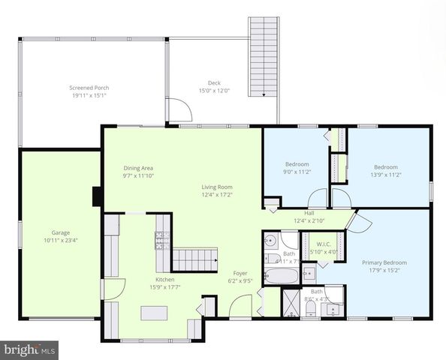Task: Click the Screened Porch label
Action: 89,88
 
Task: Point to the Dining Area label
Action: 138,168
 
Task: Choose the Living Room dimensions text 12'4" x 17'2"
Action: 216,195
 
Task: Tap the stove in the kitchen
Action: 161,240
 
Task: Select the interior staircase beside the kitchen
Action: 194,261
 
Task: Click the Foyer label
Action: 240,274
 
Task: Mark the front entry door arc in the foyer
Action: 240,306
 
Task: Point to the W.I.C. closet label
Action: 324,244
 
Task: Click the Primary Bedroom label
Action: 384,262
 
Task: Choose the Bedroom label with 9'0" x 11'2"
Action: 297,165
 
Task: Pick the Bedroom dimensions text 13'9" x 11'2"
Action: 386,175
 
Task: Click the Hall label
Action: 309,213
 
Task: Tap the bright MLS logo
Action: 30,349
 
